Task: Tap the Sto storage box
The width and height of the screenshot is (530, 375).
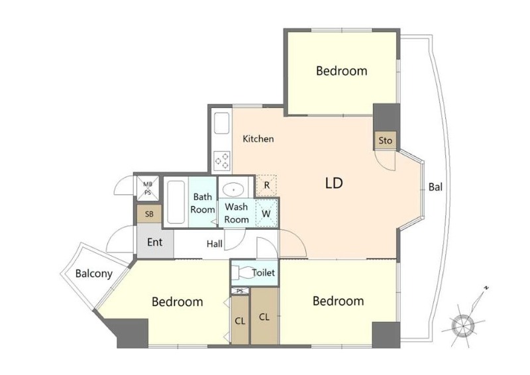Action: (x=385, y=140)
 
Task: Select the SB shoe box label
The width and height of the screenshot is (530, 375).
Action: (x=149, y=214)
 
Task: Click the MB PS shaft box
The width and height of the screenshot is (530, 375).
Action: (x=148, y=188)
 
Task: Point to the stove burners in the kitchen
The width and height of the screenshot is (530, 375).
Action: (x=222, y=160)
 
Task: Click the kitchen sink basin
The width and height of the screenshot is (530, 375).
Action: (x=222, y=123)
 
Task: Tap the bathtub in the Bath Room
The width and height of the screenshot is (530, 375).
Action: (x=176, y=202)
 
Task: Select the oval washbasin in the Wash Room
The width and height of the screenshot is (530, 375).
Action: (x=233, y=189)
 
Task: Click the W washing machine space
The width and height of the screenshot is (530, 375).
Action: (x=266, y=213)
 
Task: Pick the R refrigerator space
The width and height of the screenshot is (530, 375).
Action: (x=266, y=186)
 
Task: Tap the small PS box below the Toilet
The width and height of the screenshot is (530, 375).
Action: (x=240, y=291)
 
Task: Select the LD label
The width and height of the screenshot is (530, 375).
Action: (x=334, y=184)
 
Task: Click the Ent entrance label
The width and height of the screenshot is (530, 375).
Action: (x=155, y=242)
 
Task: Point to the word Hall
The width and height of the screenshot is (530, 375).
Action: (x=215, y=243)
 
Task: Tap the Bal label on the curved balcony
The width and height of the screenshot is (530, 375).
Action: (x=435, y=187)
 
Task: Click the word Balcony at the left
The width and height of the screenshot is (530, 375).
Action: (x=93, y=274)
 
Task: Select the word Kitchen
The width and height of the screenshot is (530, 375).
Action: (x=258, y=138)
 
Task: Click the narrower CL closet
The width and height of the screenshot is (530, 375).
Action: (x=240, y=320)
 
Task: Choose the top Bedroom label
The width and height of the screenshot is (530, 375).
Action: (x=341, y=71)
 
